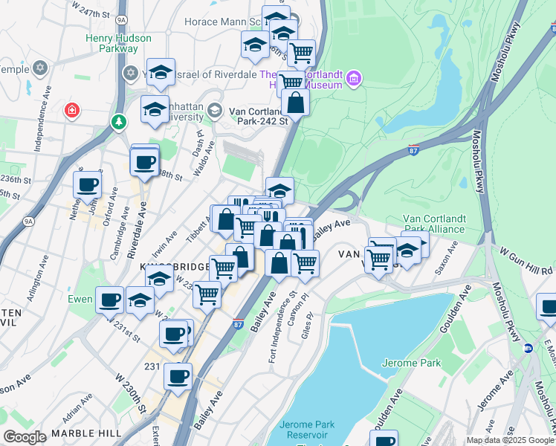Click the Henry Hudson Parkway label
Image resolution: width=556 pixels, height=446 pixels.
point(119,43)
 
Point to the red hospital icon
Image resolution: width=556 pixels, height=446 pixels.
point(71,111)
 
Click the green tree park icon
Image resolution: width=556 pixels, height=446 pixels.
point(118,121)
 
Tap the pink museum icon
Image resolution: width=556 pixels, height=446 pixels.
point(353,78)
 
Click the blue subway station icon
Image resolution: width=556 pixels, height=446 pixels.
point(528,347)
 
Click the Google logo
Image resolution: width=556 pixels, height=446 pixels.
point(25,437)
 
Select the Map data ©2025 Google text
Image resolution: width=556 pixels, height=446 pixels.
point(509,440)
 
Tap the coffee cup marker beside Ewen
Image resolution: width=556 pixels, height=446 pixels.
point(109,301)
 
